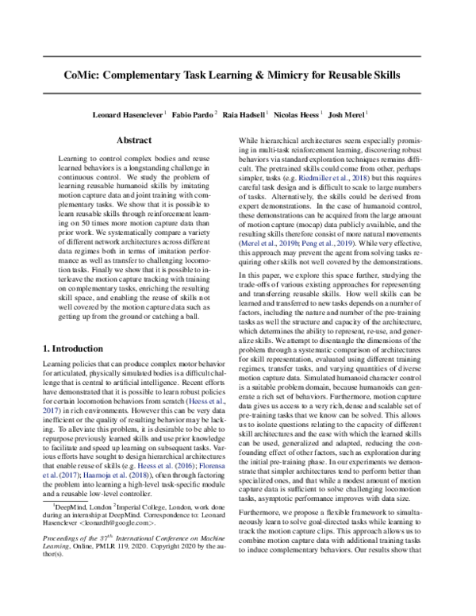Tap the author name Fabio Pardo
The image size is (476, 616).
click(x=193, y=114)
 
